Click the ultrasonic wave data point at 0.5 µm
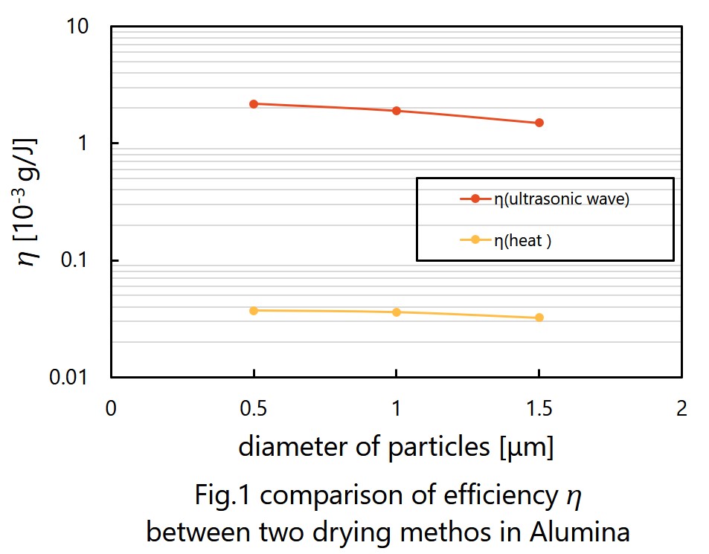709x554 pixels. click(x=254, y=104)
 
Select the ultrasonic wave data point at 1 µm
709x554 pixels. click(x=397, y=111)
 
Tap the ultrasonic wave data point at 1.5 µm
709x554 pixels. click(x=539, y=123)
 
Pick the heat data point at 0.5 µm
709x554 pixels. click(x=254, y=310)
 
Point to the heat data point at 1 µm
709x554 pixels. click(x=397, y=312)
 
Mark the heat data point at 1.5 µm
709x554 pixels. click(x=539, y=318)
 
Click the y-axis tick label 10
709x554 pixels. click(x=78, y=27)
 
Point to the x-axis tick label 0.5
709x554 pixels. click(x=254, y=408)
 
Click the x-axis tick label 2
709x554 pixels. click(x=681, y=408)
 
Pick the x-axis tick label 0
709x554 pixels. click(x=111, y=408)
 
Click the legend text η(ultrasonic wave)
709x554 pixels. click(x=562, y=199)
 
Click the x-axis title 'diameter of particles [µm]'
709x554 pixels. click(x=396, y=448)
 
